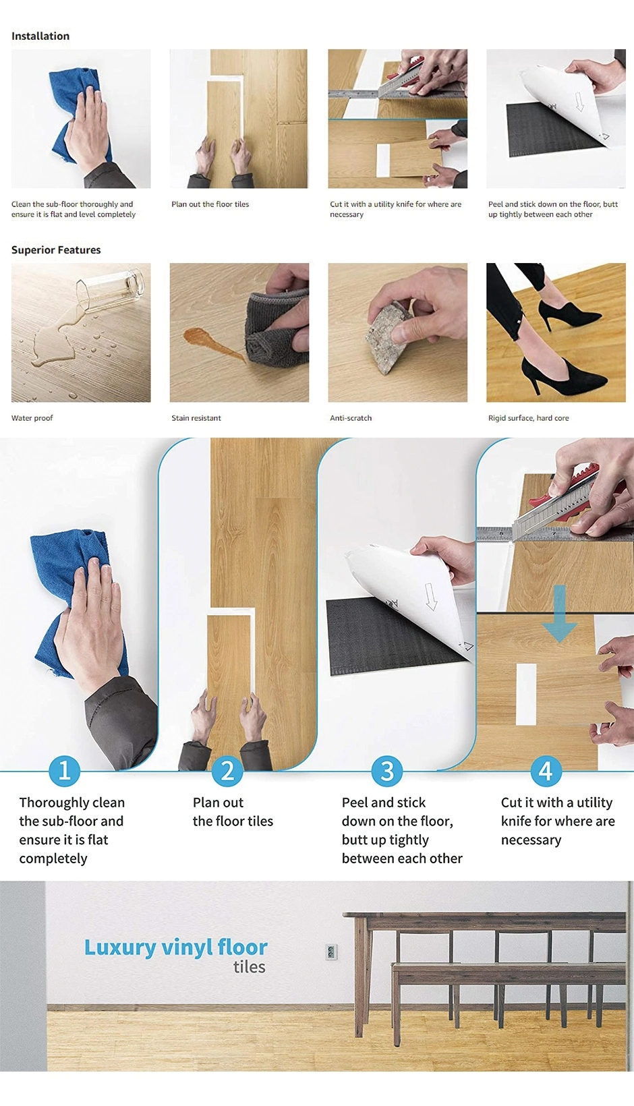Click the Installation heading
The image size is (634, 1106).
tap(40, 36)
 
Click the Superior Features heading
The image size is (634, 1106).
tap(56, 250)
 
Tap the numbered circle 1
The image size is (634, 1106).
tap(65, 770)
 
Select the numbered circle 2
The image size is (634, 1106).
tap(227, 770)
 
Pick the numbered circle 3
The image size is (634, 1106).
tap(387, 770)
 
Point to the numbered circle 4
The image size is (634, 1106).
tap(546, 770)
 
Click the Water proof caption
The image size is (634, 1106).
tap(32, 418)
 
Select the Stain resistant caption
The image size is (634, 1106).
tap(196, 418)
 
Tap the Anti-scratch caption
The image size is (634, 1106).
tap(351, 418)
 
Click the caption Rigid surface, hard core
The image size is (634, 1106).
tap(528, 418)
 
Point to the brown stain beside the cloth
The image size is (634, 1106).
tap(209, 341)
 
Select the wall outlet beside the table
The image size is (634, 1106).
tap(331, 952)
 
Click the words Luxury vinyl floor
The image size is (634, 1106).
tap(175, 947)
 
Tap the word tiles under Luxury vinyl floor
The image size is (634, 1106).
tap(249, 967)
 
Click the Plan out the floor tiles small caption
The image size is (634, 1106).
tap(210, 204)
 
